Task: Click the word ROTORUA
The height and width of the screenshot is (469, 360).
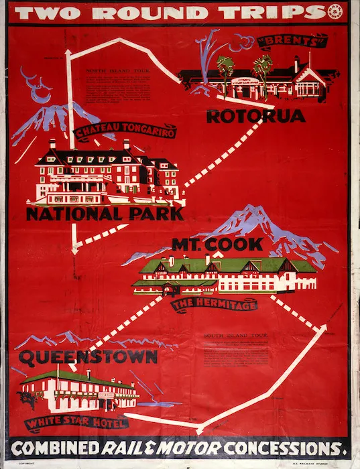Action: (x=255, y=116)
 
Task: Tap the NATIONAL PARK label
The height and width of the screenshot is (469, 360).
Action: (x=104, y=214)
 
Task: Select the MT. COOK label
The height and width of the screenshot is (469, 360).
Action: (x=217, y=244)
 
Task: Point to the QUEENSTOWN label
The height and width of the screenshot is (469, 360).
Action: (x=88, y=357)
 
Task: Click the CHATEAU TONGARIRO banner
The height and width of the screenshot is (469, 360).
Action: (x=125, y=132)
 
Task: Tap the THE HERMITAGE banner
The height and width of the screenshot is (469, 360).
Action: (x=215, y=305)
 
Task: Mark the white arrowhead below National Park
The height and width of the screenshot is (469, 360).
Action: (x=76, y=247)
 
